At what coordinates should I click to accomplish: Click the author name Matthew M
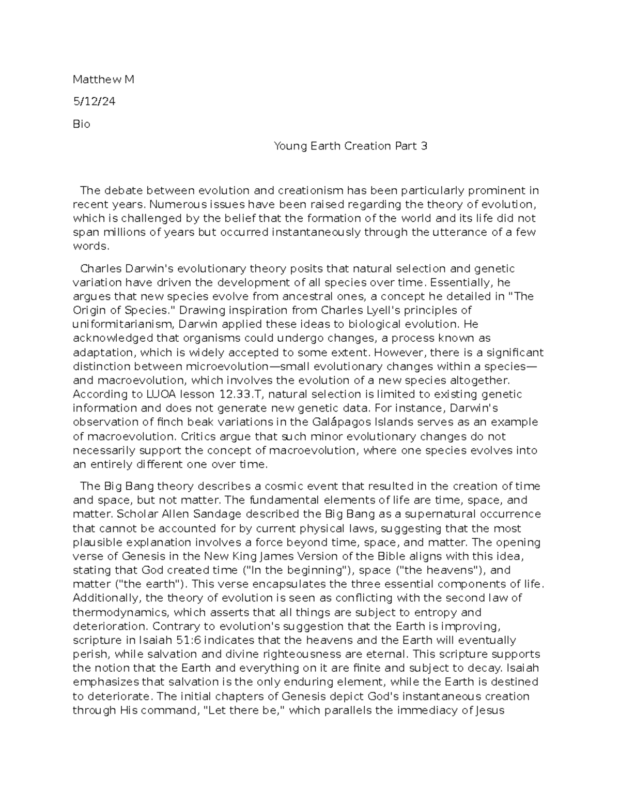(103, 80)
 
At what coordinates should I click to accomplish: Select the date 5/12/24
(94, 102)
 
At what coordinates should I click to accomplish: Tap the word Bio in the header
(81, 124)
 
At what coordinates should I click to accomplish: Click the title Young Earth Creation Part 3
(350, 146)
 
